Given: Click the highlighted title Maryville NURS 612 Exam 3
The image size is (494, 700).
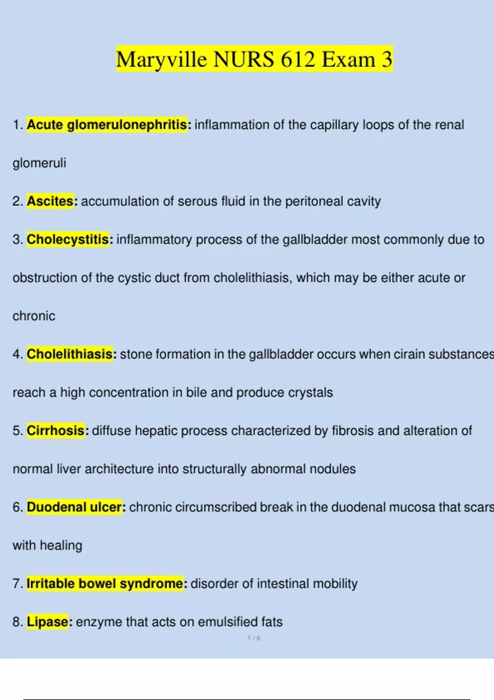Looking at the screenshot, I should point(254,59).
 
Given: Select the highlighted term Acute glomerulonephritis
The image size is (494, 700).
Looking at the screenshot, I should point(107,124).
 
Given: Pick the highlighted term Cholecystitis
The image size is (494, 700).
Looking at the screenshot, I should point(68,239).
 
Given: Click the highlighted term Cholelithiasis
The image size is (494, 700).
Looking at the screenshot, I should point(70,354).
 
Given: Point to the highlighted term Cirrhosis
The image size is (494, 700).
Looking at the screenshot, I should point(56,430).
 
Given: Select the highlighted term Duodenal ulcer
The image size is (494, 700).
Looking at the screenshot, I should point(75,507).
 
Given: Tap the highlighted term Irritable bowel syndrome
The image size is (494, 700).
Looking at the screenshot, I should point(105,583).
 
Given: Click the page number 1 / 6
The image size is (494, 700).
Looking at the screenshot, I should point(254,638).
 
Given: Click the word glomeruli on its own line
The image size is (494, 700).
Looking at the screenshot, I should point(40,163).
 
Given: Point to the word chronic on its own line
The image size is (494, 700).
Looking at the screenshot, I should point(34,316).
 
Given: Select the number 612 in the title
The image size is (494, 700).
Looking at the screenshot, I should point(298,59).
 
